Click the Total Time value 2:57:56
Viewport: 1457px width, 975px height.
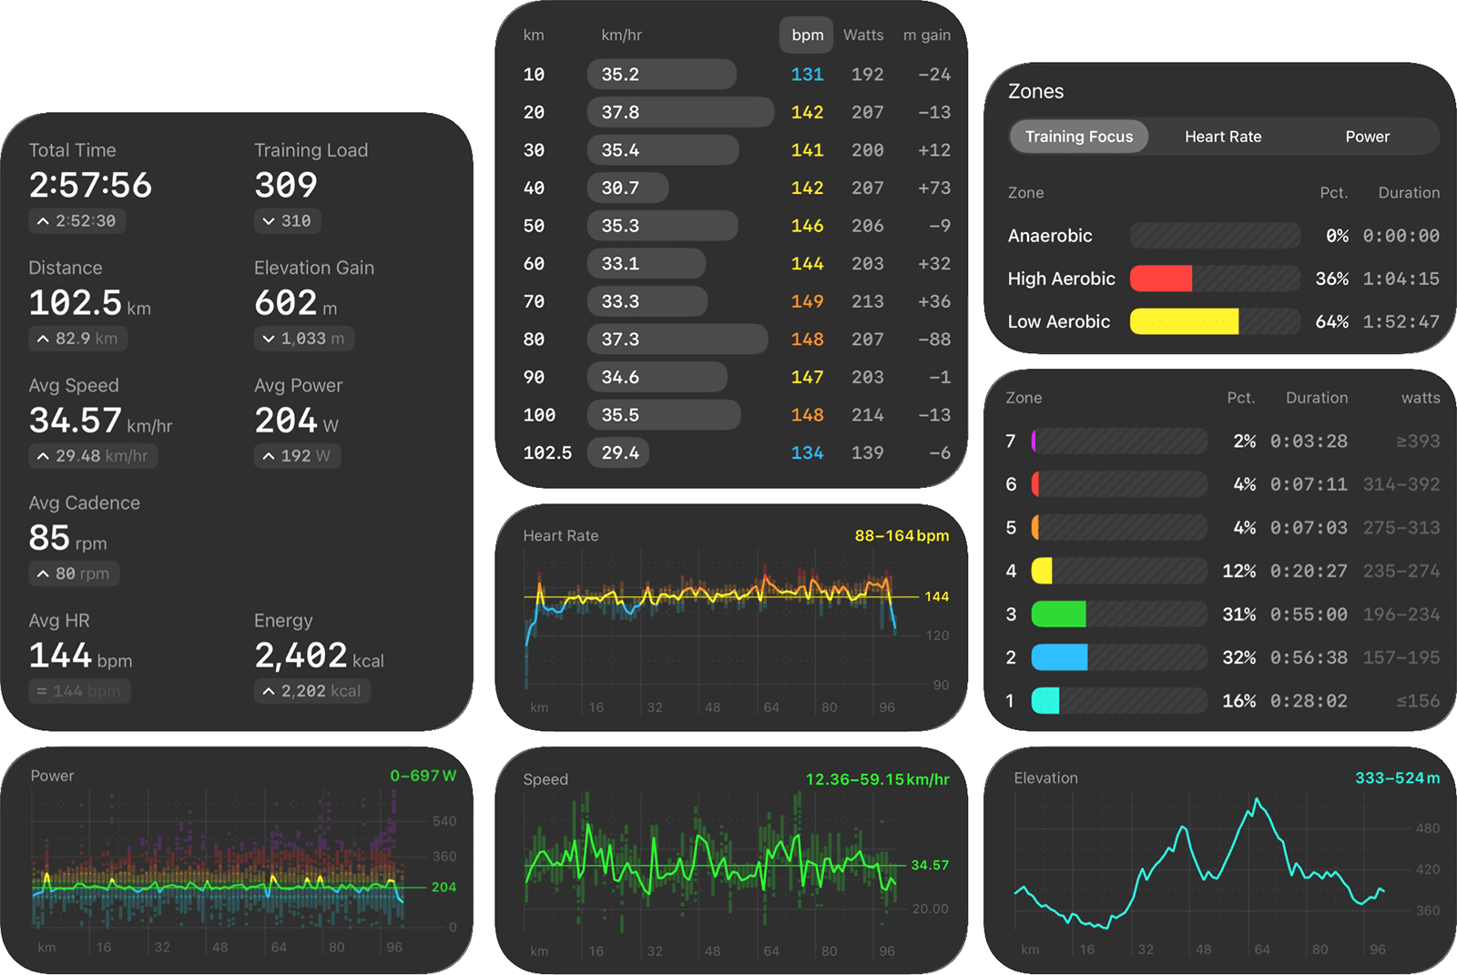[x=90, y=185]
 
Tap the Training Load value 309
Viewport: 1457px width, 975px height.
[x=286, y=185]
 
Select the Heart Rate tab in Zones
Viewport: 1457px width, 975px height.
[x=1223, y=137]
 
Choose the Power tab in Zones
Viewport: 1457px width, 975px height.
[x=1367, y=137]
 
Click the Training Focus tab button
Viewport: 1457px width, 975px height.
[x=1079, y=137]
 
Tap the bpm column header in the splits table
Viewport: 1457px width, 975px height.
[x=807, y=36]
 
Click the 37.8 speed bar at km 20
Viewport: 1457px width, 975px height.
[x=680, y=112]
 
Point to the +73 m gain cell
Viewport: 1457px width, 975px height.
[x=933, y=188]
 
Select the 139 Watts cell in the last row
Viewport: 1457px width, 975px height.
[x=867, y=452]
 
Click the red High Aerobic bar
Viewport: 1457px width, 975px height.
[x=1161, y=279]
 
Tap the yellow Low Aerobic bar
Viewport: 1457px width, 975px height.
[x=1184, y=321]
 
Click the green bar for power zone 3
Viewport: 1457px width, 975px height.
[x=1058, y=614]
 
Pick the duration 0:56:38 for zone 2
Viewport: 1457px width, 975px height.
[x=1309, y=657]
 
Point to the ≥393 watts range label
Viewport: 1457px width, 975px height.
[x=1418, y=442]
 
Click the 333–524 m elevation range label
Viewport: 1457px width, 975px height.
[x=1397, y=778]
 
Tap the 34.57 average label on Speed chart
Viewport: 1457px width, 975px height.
[x=930, y=865]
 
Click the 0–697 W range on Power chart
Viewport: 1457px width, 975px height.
[x=423, y=776]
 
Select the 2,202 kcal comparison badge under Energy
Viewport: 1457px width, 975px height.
[x=312, y=691]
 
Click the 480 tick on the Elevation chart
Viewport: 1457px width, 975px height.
[x=1427, y=828]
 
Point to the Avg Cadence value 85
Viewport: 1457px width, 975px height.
[x=49, y=538]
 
